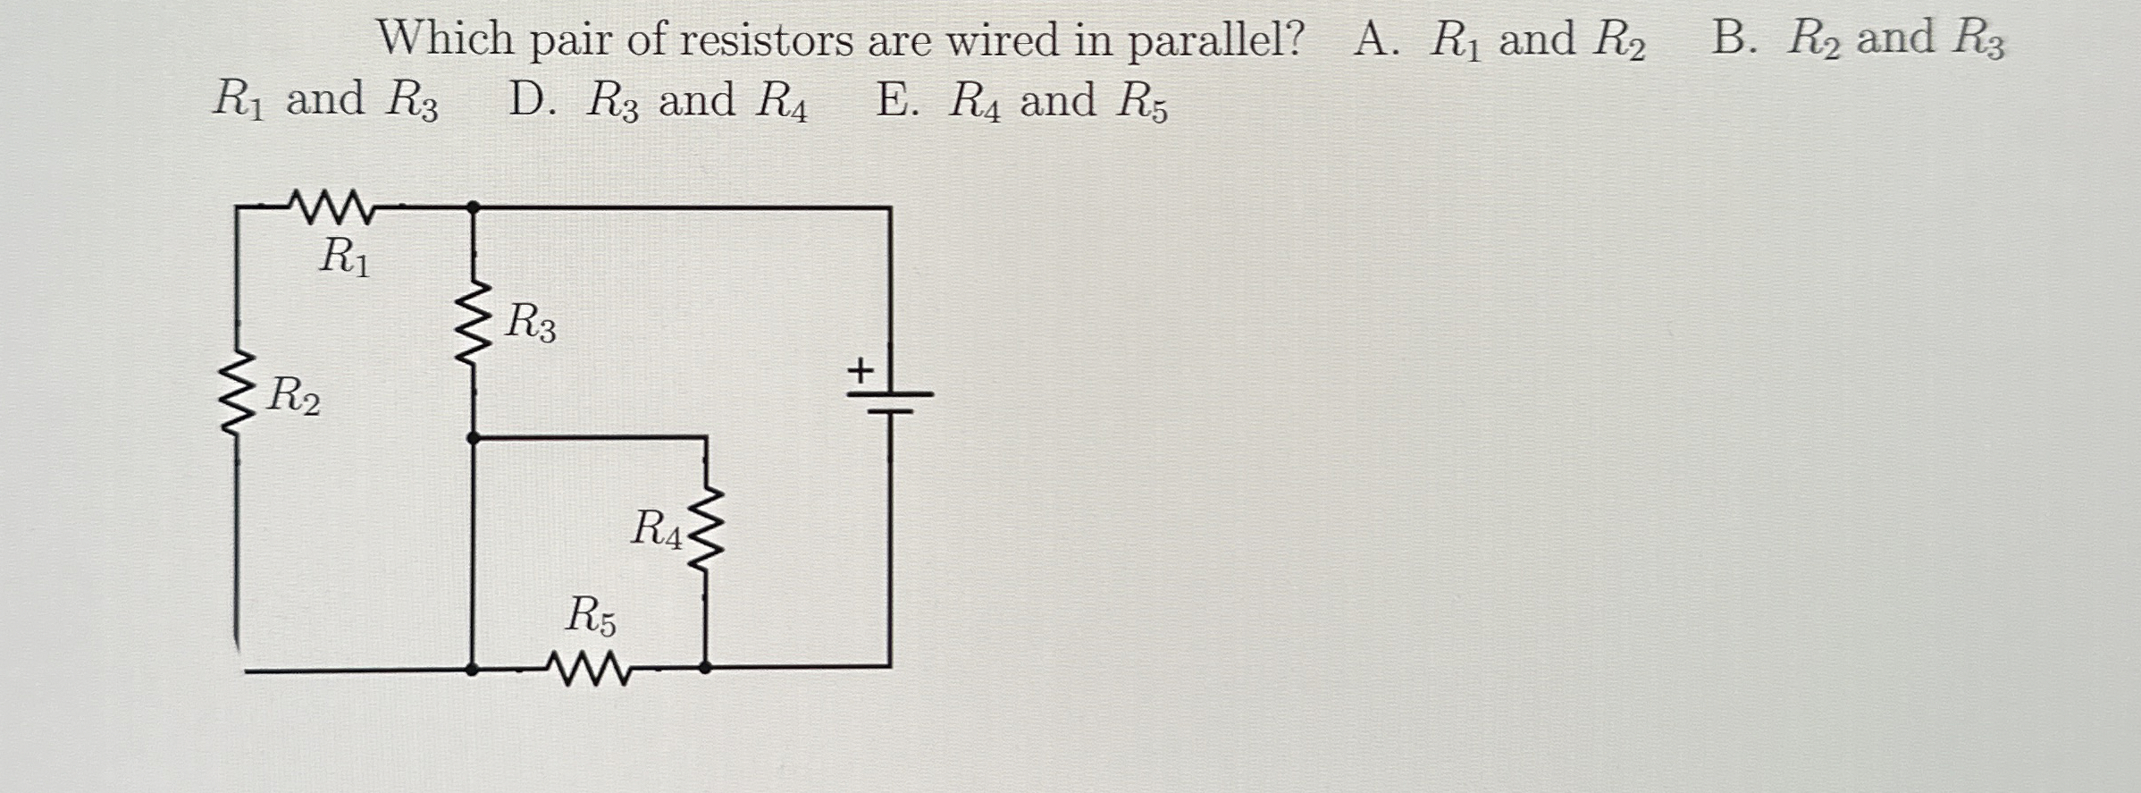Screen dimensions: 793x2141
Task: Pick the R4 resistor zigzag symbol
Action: click(x=706, y=530)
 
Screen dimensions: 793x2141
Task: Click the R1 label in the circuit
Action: click(x=344, y=257)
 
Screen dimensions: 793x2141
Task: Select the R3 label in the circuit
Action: click(x=530, y=323)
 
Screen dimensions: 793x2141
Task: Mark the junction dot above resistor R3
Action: click(x=474, y=207)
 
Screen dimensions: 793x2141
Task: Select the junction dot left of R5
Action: click(x=474, y=668)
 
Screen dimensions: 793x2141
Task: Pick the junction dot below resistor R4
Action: click(x=705, y=667)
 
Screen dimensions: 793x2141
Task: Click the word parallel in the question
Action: click(x=1215, y=40)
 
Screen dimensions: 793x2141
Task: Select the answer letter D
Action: click(x=532, y=100)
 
